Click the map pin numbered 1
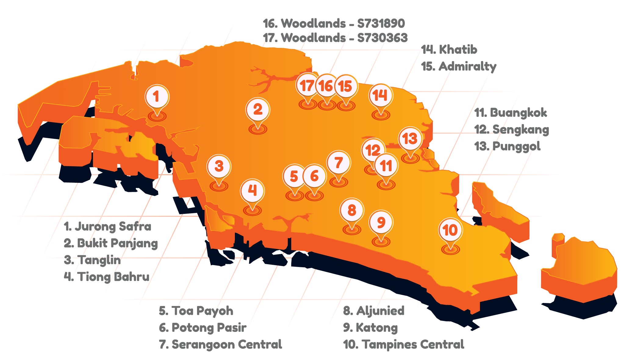click(157, 97)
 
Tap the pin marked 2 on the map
click(258, 110)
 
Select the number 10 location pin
click(450, 230)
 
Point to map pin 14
click(381, 95)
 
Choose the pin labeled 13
click(410, 139)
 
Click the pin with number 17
click(307, 86)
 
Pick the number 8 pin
click(352, 210)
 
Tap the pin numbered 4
click(252, 191)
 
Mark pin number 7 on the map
click(338, 163)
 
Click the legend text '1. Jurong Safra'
click(108, 227)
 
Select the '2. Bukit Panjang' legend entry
click(111, 243)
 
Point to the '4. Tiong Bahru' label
click(107, 277)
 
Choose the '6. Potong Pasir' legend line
click(203, 328)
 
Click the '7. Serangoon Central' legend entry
click(221, 344)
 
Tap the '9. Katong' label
click(370, 328)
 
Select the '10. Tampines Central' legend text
click(404, 344)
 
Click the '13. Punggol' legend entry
click(508, 146)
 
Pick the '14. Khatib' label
click(449, 50)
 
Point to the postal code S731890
click(381, 23)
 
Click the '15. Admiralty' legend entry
click(459, 67)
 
